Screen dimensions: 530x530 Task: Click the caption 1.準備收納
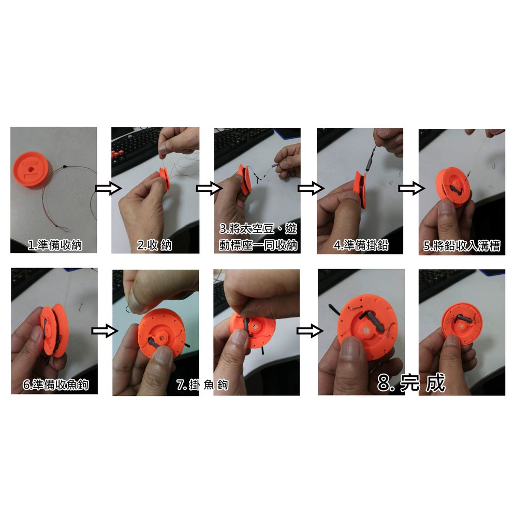(x=55, y=245)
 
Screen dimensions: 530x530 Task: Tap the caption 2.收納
(x=154, y=245)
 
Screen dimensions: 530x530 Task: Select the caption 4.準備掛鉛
(x=361, y=245)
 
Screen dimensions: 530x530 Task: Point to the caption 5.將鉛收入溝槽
(x=462, y=246)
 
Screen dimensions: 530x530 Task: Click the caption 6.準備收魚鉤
(x=56, y=385)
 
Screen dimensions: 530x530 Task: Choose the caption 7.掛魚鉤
(x=202, y=385)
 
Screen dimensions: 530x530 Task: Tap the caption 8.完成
(x=411, y=383)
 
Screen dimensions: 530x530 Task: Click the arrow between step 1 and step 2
(x=108, y=188)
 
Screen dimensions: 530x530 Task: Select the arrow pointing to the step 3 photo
(x=209, y=188)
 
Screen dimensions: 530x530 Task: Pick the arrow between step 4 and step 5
(x=411, y=188)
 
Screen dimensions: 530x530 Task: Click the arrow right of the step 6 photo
(x=105, y=330)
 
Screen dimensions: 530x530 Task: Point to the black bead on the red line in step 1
(x=64, y=167)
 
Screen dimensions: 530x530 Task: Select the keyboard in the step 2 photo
(x=135, y=146)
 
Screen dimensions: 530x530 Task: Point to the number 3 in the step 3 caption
(x=223, y=229)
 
